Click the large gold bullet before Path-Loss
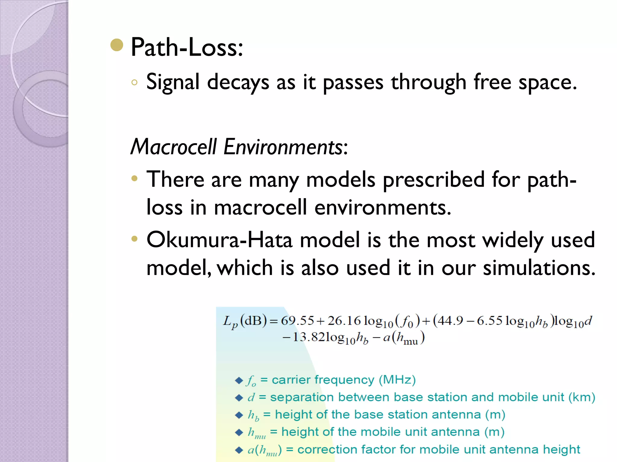point(117,45)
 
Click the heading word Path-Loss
point(187,48)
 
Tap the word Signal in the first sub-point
point(173,82)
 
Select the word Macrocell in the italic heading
point(174,147)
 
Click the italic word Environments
point(283,147)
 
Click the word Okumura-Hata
point(219,240)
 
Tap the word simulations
point(539,268)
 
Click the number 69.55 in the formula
point(297,321)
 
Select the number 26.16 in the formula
point(344,321)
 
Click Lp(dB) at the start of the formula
point(245,322)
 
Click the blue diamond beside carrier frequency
point(239,380)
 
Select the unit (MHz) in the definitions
point(397,380)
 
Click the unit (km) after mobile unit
point(581,397)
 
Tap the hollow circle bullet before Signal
point(134,82)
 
